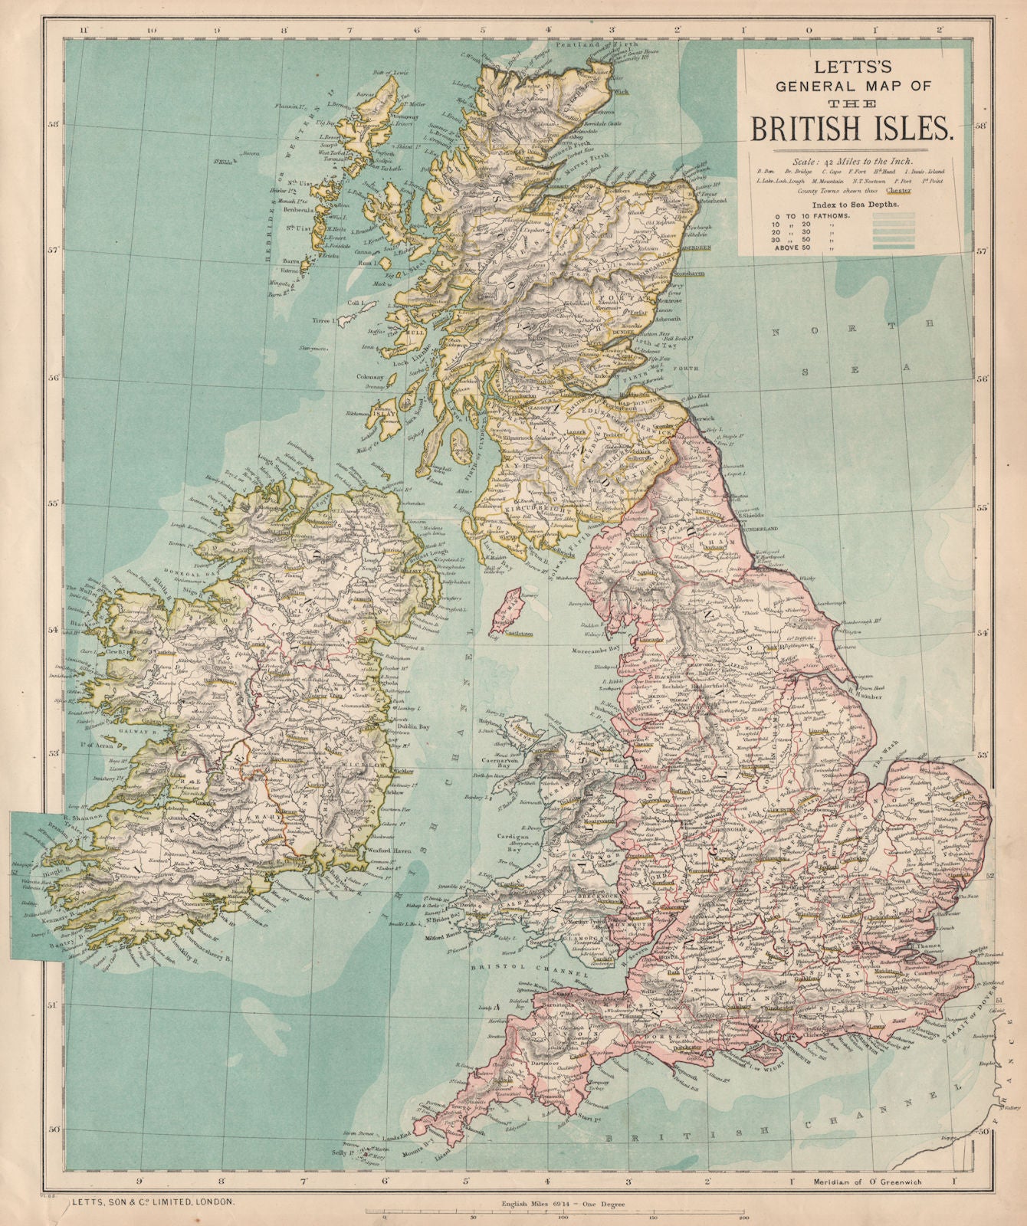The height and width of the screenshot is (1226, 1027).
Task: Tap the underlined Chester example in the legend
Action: (x=900, y=191)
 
